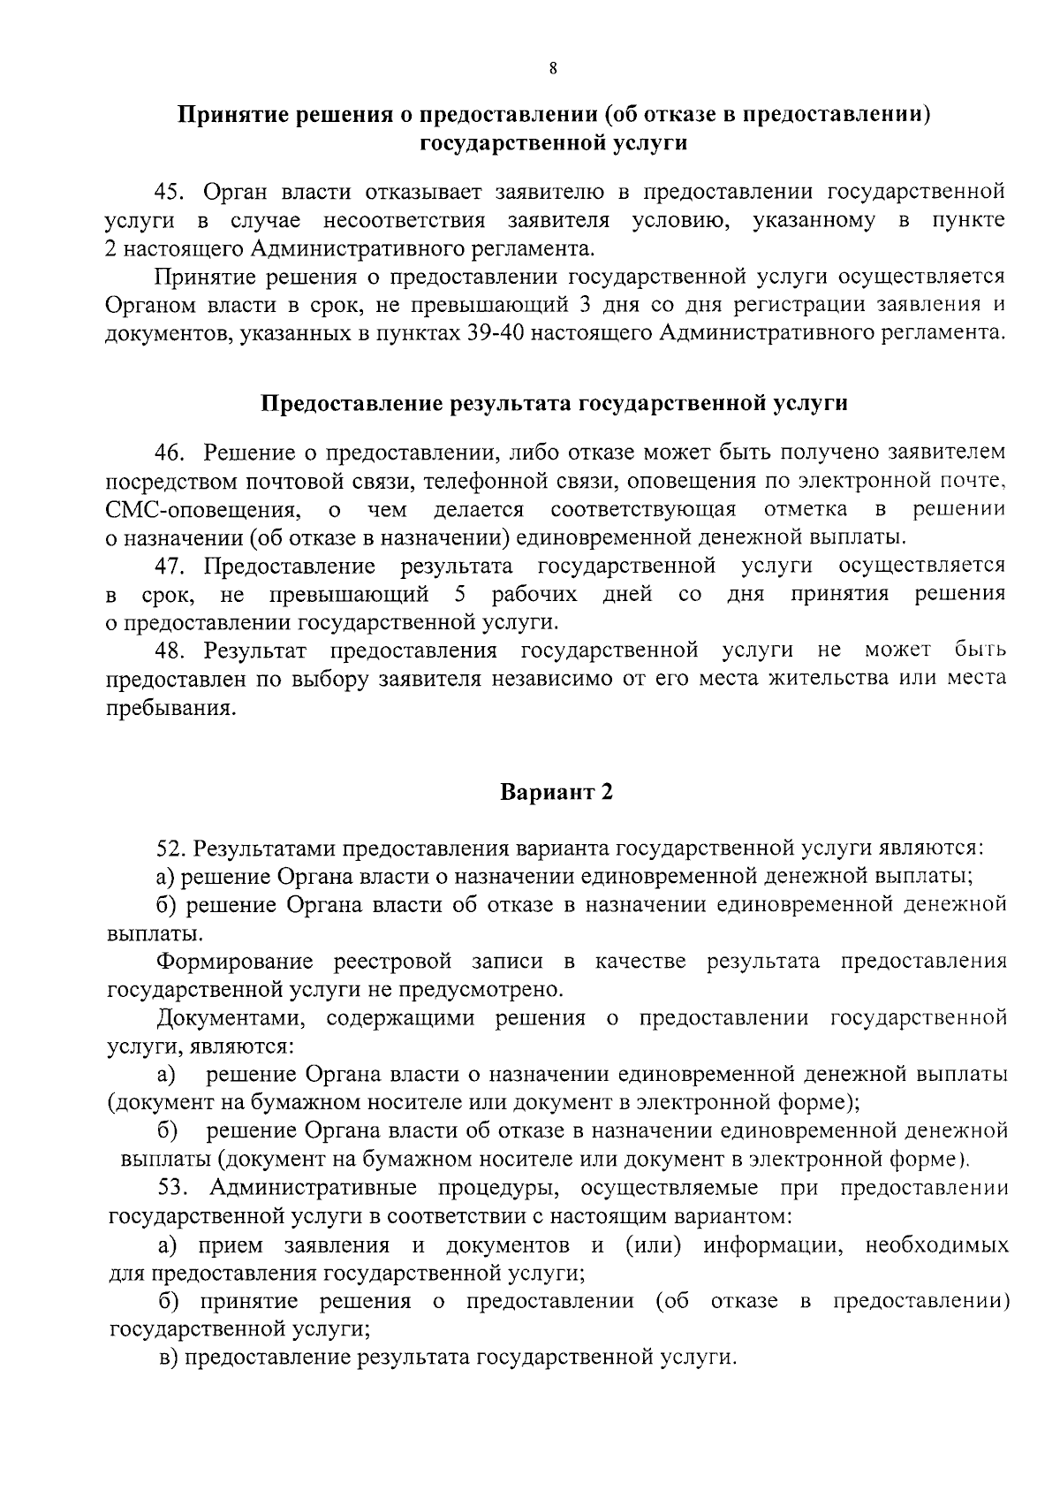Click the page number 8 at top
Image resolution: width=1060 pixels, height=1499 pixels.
[x=552, y=70]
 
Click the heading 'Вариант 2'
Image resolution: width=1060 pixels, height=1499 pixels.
[x=556, y=792]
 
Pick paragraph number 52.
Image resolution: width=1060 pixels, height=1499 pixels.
[x=169, y=848]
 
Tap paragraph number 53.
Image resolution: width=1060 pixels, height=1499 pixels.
[x=173, y=1188]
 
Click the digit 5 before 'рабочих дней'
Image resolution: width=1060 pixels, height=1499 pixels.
[x=458, y=593]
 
